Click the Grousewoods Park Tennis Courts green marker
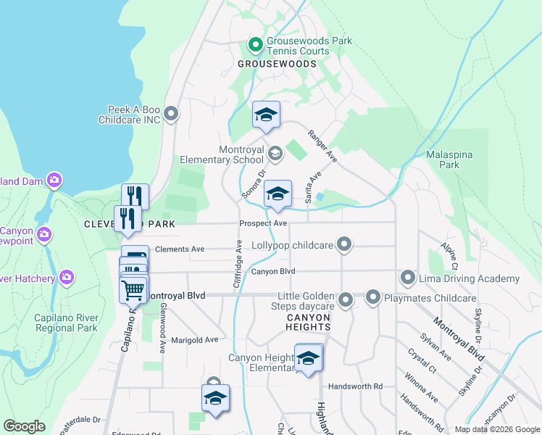pyautogui.click(x=255, y=46)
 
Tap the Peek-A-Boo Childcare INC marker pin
pyautogui.click(x=171, y=113)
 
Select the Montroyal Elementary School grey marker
pyautogui.click(x=275, y=153)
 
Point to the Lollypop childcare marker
pyautogui.click(x=345, y=245)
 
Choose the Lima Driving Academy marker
pyautogui.click(x=407, y=278)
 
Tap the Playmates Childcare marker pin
pyautogui.click(x=373, y=297)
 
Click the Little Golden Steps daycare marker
pyautogui.click(x=346, y=299)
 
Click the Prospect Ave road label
pyautogui.click(x=264, y=223)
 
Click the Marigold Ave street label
pyautogui.click(x=195, y=339)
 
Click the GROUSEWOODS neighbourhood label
pyautogui.click(x=277, y=64)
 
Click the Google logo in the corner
pyautogui.click(x=24, y=426)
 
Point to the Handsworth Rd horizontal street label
pyautogui.click(x=355, y=387)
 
